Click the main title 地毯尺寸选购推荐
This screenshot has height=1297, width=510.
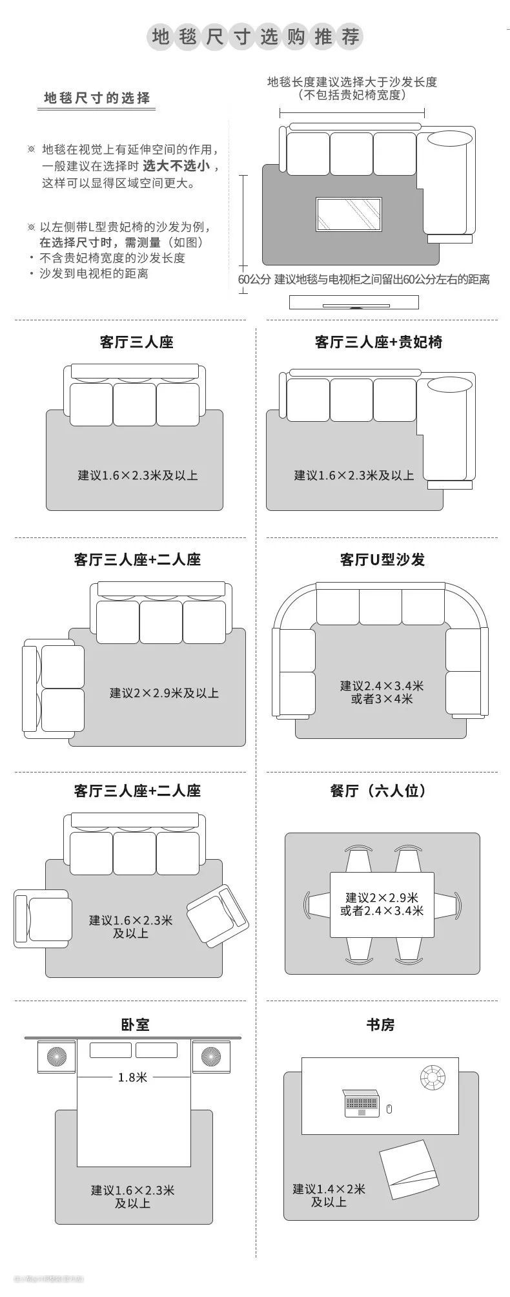(255, 37)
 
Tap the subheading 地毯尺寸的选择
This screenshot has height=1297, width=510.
(97, 98)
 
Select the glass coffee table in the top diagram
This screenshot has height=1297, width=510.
(349, 214)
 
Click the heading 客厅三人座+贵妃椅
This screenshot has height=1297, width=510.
(378, 342)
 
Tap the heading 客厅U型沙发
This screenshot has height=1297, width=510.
(382, 559)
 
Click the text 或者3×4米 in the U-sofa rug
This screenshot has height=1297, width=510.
(382, 699)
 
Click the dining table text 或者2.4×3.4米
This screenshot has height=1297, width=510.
(382, 911)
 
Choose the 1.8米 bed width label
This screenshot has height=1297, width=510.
(132, 1077)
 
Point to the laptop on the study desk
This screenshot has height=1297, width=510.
(362, 1104)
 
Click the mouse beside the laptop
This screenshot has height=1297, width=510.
(389, 1109)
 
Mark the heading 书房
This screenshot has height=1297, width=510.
(380, 1025)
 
